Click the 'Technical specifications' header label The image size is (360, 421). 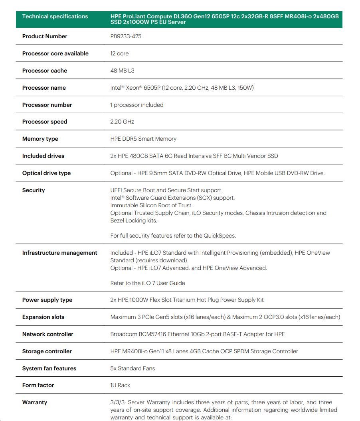coord(55,16)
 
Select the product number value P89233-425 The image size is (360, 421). coord(126,36)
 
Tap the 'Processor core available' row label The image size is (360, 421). coord(55,53)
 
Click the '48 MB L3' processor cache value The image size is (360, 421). coord(122,71)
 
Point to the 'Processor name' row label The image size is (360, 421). coord(44,88)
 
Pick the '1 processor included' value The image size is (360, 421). coord(137,105)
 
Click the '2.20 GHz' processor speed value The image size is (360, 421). coord(122,122)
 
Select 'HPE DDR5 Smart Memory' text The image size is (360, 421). coord(143,139)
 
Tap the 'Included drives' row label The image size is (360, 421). coord(43,156)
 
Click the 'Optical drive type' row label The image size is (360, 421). coord(46,173)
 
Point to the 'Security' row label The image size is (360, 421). coord(34,190)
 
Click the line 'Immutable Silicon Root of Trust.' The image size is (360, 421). coord(151,205)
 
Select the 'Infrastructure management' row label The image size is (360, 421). coord(60,253)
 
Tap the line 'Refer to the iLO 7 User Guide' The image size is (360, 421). coord(148,283)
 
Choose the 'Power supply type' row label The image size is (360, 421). coord(47,300)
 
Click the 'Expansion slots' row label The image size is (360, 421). coord(43,317)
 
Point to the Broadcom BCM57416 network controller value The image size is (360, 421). coord(198,334)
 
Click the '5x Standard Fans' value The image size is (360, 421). coord(133,368)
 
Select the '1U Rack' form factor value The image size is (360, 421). coord(120,385)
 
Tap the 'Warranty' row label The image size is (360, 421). coord(35,402)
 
